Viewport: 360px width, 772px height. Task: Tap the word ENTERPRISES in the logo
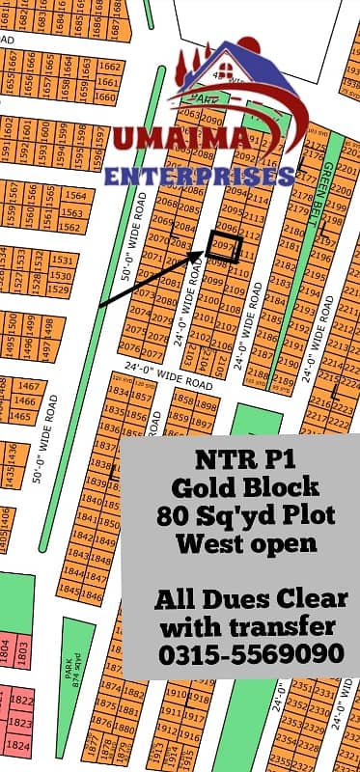coord(200,177)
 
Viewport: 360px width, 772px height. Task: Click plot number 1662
coord(110,67)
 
